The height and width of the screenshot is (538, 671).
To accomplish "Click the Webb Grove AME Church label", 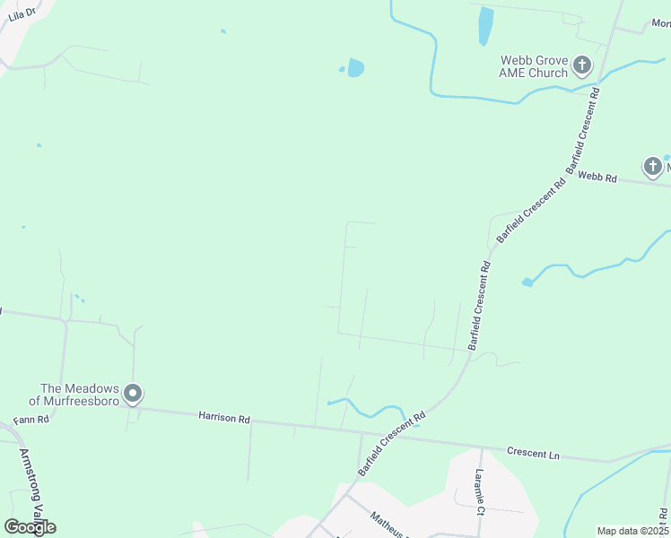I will [x=534, y=66].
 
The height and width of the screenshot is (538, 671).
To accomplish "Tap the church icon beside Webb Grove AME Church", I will [x=582, y=65].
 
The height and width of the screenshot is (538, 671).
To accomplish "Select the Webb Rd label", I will [x=597, y=178].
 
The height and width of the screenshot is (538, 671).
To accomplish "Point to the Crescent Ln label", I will [x=533, y=454].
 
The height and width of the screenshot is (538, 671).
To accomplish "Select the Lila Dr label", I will [x=22, y=13].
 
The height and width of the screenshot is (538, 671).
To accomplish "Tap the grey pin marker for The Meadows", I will [x=134, y=394].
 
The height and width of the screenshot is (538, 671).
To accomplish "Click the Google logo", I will [x=29, y=527].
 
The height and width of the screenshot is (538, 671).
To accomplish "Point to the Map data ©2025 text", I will [x=632, y=531].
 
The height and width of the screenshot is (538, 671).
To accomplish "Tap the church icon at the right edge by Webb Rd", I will [x=653, y=166].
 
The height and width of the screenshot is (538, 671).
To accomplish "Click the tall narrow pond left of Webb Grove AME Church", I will [x=485, y=26].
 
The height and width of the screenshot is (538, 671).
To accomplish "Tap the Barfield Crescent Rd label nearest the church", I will [x=584, y=131].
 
